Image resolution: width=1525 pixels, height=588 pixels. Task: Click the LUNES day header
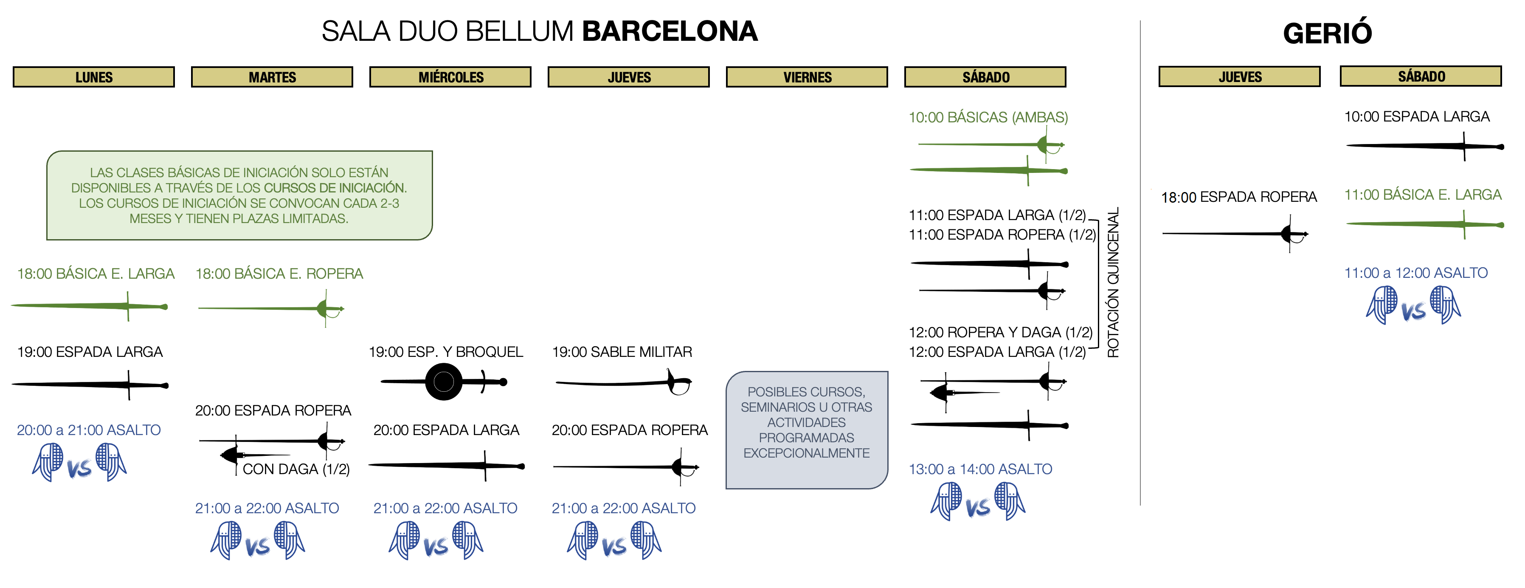tap(93, 77)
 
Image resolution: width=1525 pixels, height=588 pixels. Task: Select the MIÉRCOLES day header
tap(450, 77)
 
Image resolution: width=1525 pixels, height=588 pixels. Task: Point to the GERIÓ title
tap(1327, 33)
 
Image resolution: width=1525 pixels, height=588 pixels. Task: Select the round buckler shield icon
tap(443, 382)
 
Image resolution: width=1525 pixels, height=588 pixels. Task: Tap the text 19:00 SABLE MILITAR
tap(622, 352)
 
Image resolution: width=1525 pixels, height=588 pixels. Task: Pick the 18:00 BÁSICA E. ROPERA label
tap(279, 274)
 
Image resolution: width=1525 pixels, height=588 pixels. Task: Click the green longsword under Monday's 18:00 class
tap(89, 306)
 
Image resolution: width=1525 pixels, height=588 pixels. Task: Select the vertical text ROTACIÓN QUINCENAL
tap(1113, 283)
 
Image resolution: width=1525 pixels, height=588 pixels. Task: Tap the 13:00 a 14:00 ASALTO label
tap(980, 469)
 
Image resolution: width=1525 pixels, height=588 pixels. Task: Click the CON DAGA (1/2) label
tap(296, 469)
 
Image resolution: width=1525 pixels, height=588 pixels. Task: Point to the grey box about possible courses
tap(806, 430)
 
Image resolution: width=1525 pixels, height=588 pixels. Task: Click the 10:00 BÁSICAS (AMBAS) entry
tap(988, 117)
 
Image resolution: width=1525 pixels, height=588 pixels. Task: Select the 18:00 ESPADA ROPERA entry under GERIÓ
tap(1238, 197)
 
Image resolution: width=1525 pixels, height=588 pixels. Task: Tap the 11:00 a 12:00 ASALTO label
tap(1415, 273)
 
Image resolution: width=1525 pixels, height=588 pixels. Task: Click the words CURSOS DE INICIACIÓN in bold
tap(335, 188)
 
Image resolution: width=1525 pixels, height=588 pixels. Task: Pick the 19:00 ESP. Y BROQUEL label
tap(446, 352)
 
